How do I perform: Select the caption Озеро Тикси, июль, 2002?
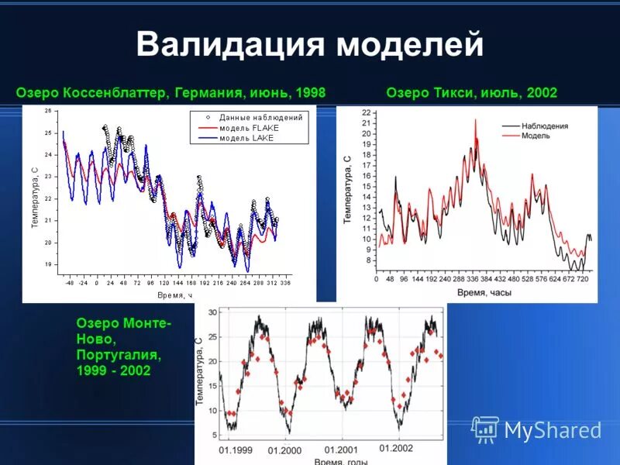471,93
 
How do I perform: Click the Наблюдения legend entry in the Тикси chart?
545,125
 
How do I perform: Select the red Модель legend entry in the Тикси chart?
536,135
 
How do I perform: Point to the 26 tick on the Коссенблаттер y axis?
48,111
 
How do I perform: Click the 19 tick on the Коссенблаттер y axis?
48,264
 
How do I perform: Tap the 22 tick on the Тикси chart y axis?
367,113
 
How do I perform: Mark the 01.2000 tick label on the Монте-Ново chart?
284,450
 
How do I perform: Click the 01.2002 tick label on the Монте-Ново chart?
396,449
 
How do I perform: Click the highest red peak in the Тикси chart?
476,119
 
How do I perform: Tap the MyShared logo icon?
485,429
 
